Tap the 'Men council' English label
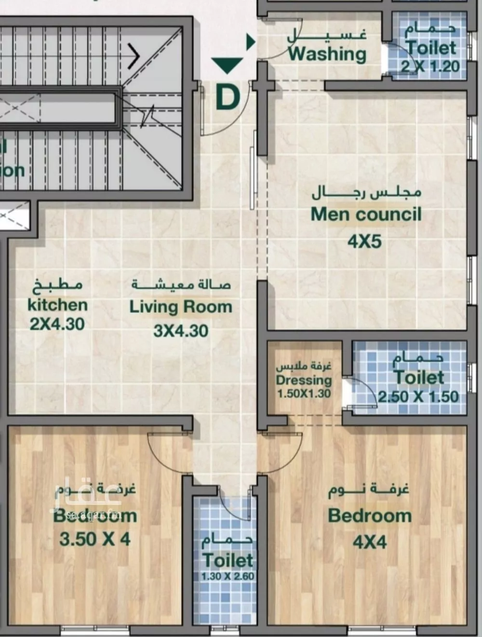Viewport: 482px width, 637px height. pos(366,214)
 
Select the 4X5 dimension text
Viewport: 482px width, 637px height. pos(364,241)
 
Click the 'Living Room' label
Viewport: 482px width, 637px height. pos(181,307)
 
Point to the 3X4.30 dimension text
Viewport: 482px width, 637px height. pos(181,330)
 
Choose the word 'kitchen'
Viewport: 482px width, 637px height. pos(57,305)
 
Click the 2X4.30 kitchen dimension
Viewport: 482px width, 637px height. pos(57,324)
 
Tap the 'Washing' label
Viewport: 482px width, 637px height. pos(327,54)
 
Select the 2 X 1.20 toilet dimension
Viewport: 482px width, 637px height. pos(430,66)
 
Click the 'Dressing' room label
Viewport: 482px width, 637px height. pos(304,380)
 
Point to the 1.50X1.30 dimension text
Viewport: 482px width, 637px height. pos(304,393)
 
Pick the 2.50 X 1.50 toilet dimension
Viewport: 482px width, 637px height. pos(418,396)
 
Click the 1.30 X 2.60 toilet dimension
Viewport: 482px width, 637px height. pos(228,576)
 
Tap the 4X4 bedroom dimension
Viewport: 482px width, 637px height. pos(370,542)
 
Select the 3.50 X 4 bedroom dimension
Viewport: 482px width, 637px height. pos(95,539)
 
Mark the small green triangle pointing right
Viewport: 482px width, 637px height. pos(250,42)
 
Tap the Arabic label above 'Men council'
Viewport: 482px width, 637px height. pos(366,193)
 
